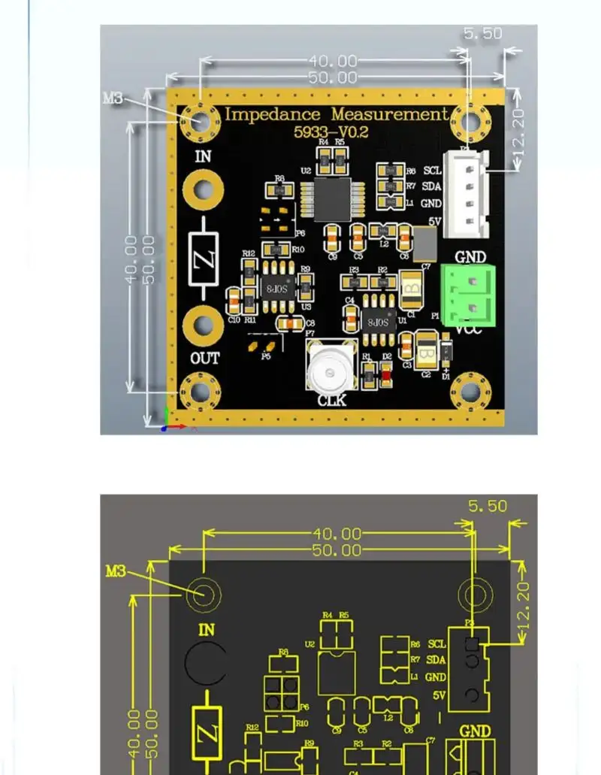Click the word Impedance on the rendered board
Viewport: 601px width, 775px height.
[x=273, y=114]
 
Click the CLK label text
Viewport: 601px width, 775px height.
[x=331, y=401]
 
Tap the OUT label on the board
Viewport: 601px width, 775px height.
[x=204, y=358]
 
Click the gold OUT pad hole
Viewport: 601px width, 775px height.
[x=204, y=324]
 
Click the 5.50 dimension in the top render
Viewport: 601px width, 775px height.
[x=482, y=35]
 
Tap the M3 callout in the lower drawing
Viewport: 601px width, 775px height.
[x=116, y=571]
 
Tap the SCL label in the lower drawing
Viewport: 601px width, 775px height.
[x=436, y=644]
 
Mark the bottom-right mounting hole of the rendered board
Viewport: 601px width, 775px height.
[x=470, y=391]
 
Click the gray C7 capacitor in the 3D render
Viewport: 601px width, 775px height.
[x=425, y=243]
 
